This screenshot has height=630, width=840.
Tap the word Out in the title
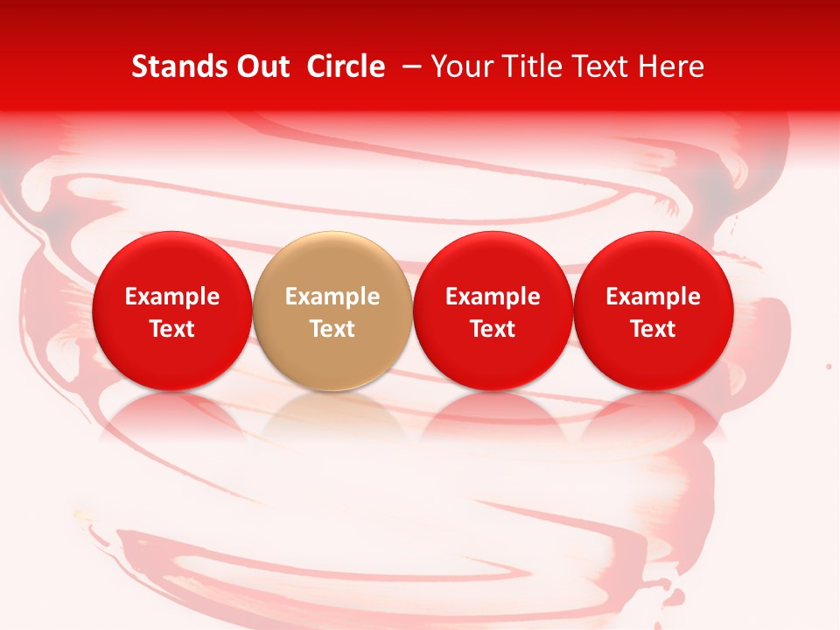[262, 66]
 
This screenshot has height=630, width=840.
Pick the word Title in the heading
[528, 66]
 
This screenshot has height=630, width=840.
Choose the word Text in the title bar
[596, 66]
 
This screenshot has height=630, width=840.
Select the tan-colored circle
[332, 311]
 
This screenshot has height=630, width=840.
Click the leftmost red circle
[171, 311]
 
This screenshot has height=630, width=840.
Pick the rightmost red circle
[654, 311]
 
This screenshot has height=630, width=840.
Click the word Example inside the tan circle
[332, 297]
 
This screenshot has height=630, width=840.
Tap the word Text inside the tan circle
[332, 329]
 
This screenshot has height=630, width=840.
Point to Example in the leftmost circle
[171, 297]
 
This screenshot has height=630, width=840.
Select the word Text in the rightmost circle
[654, 329]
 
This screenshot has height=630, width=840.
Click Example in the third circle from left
[493, 297]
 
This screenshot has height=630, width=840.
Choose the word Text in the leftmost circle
[171, 329]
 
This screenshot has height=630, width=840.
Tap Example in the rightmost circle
[654, 297]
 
